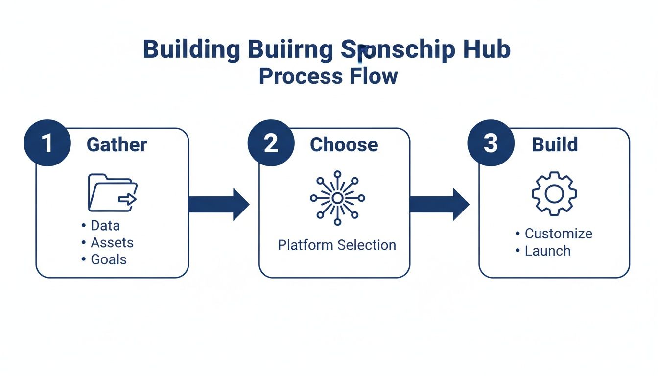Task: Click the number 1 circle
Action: pos(47,144)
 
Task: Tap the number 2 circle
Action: pos(271,144)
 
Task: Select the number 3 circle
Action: pos(491,144)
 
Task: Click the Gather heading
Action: pos(117,145)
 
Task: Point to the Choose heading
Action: pos(344,145)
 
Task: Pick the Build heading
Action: pos(555,145)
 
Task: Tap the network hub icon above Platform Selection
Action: pos(337,198)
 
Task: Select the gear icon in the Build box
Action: pos(554,193)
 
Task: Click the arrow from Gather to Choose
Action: pos(218,204)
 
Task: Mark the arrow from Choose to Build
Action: pos(439,204)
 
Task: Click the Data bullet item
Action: pos(105,226)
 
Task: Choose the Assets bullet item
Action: pos(112,242)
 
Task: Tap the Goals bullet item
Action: pos(108,259)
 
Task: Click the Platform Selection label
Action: pos(337,245)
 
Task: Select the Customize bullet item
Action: pos(558,234)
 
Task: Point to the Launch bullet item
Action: pos(547,251)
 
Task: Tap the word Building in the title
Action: pos(191,50)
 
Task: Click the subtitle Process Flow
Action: pos(328,76)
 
